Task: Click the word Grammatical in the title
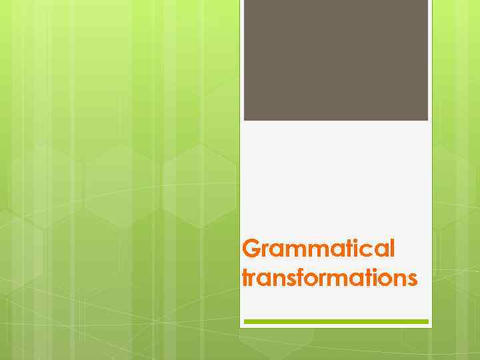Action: tap(319, 249)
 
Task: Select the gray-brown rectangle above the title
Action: tap(335, 60)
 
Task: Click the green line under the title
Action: tap(336, 321)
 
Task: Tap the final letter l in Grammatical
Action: tap(392, 249)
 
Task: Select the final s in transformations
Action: tap(413, 279)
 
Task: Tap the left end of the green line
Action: tap(245, 321)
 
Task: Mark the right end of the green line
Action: tap(427, 321)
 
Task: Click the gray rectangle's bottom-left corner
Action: tap(245, 119)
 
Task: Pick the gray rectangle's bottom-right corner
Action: tap(427, 119)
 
